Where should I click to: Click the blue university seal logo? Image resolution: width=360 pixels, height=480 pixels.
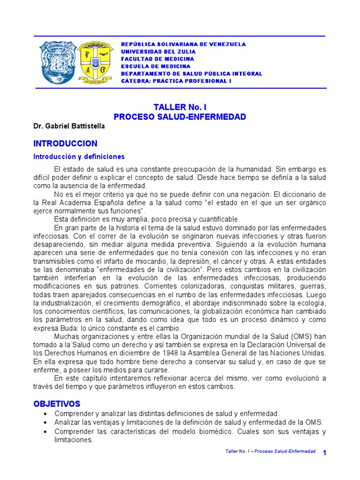tap(57, 60)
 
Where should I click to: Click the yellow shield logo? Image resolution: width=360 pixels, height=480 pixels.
tap(95, 60)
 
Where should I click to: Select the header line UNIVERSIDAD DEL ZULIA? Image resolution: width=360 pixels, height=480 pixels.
tap(158, 52)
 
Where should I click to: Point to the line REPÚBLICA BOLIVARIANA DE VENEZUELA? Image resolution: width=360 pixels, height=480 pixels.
tap(183, 44)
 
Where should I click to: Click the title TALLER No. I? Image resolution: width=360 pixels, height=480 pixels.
tap(180, 107)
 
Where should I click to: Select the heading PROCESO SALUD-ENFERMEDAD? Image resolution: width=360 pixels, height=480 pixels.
tap(180, 117)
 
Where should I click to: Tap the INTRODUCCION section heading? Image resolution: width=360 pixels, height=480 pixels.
tap(65, 143)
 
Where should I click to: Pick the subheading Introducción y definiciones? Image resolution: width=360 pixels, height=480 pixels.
tap(79, 157)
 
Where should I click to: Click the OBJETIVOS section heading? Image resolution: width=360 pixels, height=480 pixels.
tap(57, 404)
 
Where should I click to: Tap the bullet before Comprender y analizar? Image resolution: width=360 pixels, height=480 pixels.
tap(45, 414)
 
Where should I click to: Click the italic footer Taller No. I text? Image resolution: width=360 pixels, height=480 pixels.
tap(270, 451)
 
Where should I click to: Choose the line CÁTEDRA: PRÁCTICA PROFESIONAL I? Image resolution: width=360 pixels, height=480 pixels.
tap(176, 81)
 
